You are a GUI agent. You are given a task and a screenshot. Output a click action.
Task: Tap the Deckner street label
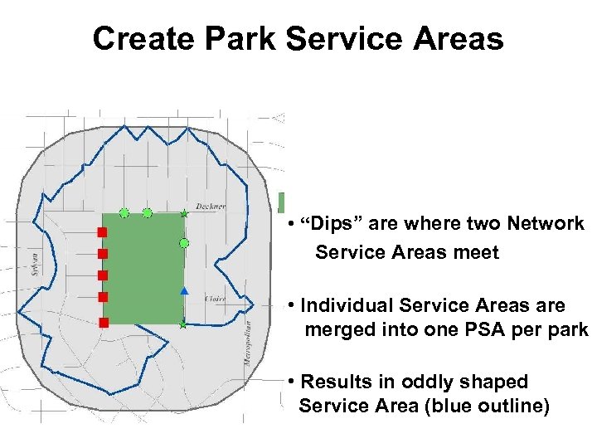pyautogui.click(x=210, y=206)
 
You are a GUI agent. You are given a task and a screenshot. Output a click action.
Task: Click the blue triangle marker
pyautogui.click(x=184, y=291)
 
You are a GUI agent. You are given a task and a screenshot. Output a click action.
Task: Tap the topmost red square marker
pyautogui.click(x=103, y=231)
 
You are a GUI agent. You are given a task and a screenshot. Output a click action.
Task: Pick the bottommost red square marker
pyautogui.click(x=103, y=322)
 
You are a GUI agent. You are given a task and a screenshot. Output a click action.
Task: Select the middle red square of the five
pyautogui.click(x=103, y=275)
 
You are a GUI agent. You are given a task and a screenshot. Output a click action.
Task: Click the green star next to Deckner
pyautogui.click(x=184, y=214)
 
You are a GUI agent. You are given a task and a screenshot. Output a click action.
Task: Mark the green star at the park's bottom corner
pyautogui.click(x=182, y=325)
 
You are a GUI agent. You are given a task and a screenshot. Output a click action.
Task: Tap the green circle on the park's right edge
pyautogui.click(x=184, y=243)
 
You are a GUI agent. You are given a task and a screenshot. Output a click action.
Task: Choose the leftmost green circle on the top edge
pyautogui.click(x=124, y=213)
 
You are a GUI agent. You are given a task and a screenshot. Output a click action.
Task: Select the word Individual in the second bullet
pyautogui.click(x=343, y=305)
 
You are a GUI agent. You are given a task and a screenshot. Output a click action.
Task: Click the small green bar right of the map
pyautogui.click(x=282, y=202)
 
